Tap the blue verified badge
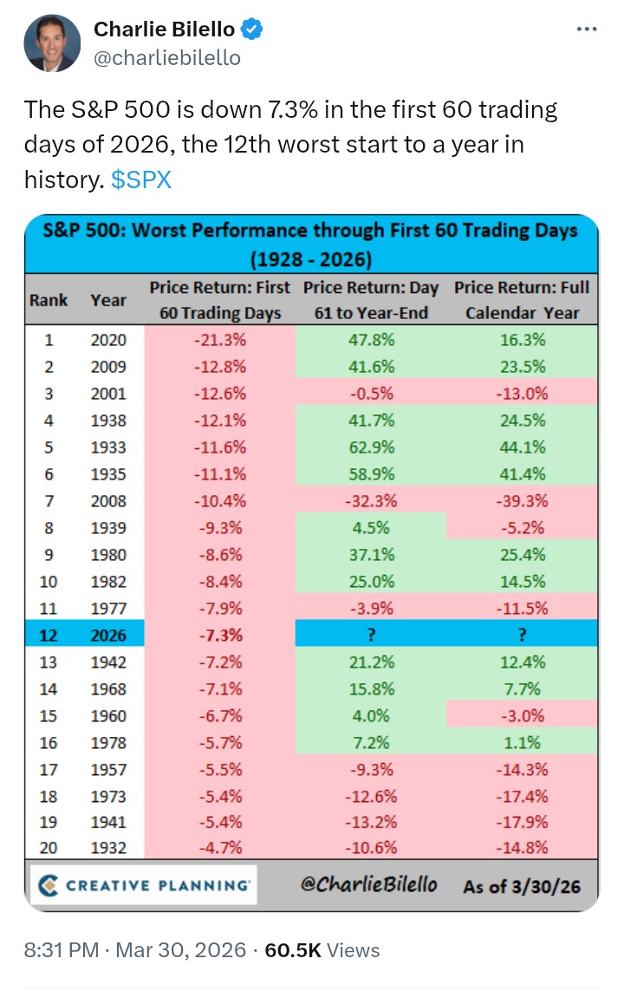pyautogui.click(x=252, y=29)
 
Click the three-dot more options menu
pyautogui.click(x=587, y=29)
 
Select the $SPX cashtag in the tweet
pyautogui.click(x=142, y=179)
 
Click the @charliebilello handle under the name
pyautogui.click(x=167, y=58)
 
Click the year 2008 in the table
pyautogui.click(x=107, y=501)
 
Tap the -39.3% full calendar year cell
pyautogui.click(x=521, y=501)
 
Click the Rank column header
pyautogui.click(x=49, y=300)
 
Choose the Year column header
pyautogui.click(x=107, y=300)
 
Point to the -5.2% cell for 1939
pyautogui.click(x=521, y=528)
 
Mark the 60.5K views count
pyautogui.click(x=293, y=950)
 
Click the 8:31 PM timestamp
pyautogui.click(x=60, y=950)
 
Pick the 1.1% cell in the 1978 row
pyautogui.click(x=521, y=743)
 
